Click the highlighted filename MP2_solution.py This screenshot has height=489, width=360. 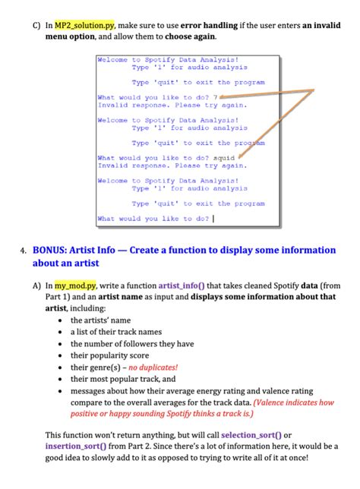coord(82,25)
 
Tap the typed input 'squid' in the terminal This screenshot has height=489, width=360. coord(224,158)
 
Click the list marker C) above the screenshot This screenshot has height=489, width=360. coord(36,25)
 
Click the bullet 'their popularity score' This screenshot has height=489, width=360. coord(109,355)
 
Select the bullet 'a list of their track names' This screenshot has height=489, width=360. coord(118,332)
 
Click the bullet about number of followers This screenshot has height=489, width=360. coord(132,343)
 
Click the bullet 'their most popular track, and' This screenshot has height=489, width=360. coord(123,378)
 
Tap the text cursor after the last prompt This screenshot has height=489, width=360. coord(213,219)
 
